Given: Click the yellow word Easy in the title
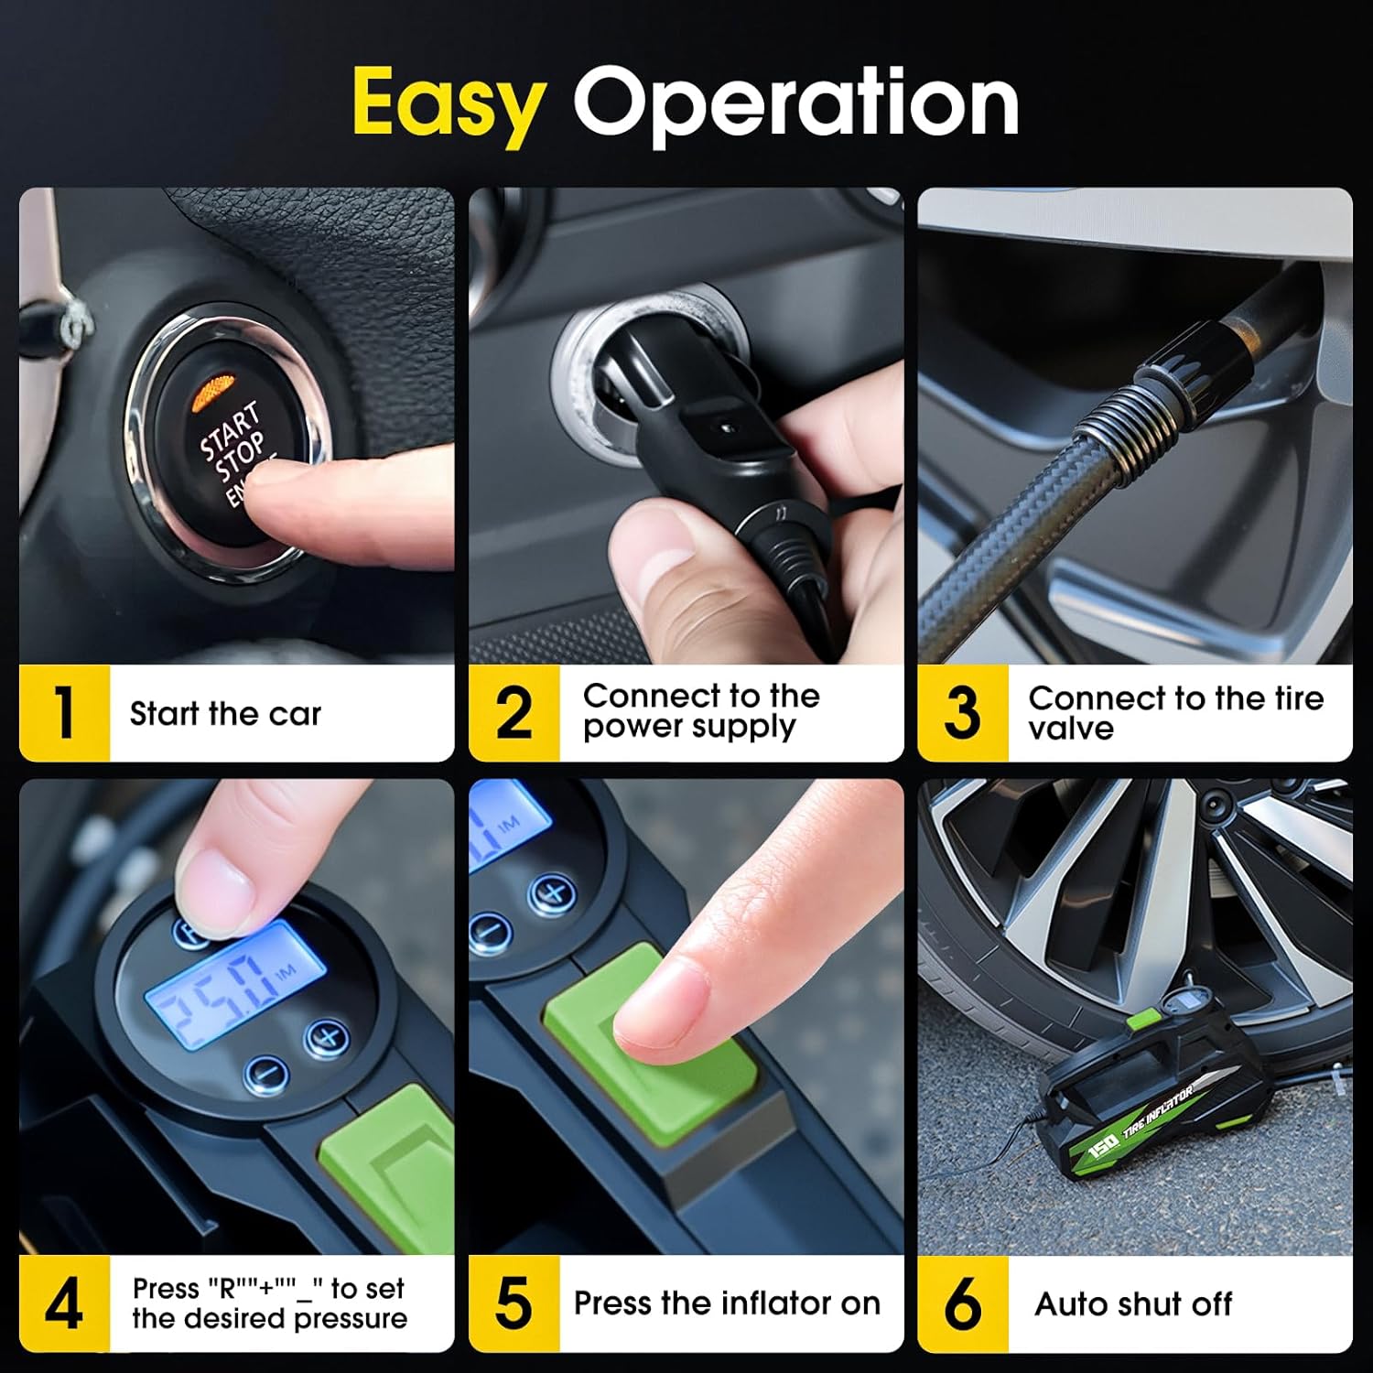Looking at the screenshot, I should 449,103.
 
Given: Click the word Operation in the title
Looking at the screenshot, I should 795,102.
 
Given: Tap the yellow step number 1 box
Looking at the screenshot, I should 64,713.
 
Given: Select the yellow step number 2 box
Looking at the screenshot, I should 514,713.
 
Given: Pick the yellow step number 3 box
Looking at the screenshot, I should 962,713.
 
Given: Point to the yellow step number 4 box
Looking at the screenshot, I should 64,1303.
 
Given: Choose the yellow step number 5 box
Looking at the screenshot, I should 514,1303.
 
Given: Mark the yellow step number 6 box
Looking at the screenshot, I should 962,1303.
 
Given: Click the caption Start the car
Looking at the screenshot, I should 225,714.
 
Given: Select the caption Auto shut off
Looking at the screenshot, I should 1133,1303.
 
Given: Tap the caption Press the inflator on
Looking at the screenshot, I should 727,1303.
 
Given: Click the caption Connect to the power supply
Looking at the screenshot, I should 701,711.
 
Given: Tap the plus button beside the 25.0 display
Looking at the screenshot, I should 325,1037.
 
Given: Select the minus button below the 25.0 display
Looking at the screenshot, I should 266,1072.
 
